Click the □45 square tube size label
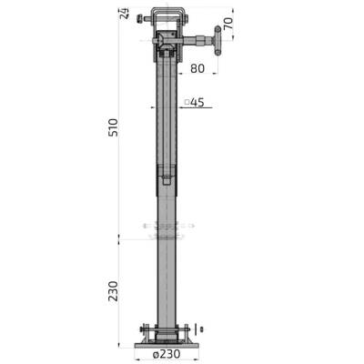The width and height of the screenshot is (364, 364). click(193, 102)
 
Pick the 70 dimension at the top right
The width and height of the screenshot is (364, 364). click(228, 25)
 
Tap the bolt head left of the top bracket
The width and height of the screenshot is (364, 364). click(138, 19)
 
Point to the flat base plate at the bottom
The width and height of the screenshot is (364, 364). click(164, 344)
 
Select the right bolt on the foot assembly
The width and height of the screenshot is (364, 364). click(187, 329)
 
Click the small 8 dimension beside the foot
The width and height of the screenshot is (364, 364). click(201, 329)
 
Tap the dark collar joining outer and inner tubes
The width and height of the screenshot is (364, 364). click(166, 177)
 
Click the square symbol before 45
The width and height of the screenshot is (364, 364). click(186, 102)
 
